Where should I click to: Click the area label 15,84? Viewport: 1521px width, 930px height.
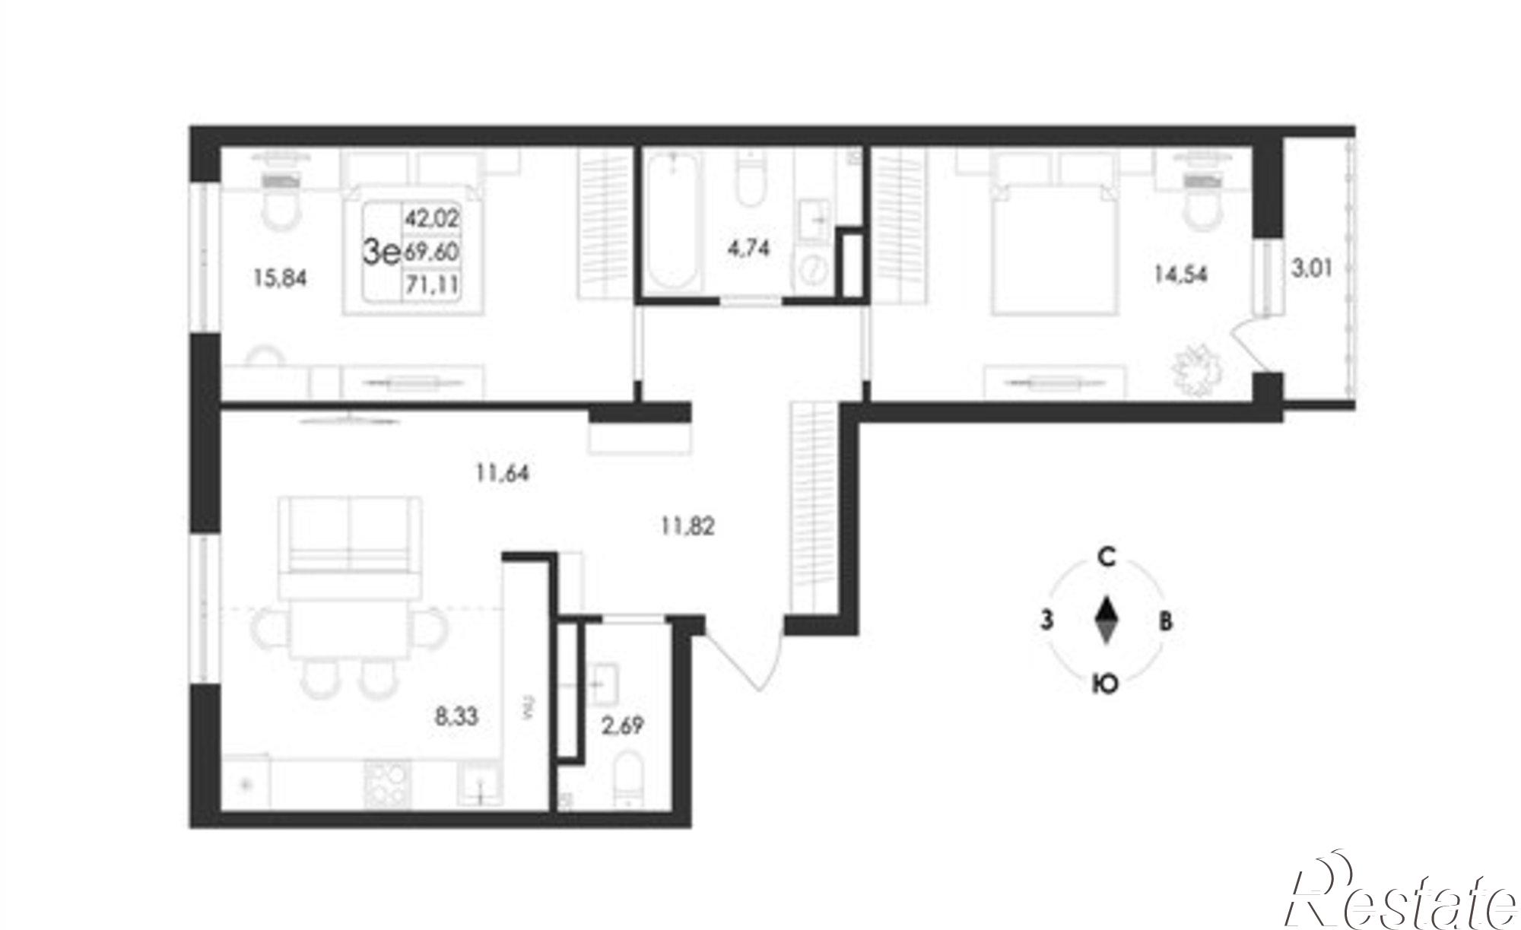280,279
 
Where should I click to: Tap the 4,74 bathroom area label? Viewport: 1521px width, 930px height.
748,249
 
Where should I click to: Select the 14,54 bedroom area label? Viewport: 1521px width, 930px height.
1180,273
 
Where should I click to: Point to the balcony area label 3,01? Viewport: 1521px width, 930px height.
1312,268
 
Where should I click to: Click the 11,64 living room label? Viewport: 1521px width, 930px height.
503,473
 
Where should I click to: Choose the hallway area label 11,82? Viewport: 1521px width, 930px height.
687,525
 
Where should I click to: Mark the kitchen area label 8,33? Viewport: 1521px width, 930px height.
456,716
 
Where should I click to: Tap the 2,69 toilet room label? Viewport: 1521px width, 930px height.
622,726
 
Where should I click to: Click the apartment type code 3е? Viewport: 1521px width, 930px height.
382,252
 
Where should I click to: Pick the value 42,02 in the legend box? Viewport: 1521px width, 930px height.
432,219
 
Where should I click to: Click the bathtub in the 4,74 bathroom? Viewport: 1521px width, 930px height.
674,224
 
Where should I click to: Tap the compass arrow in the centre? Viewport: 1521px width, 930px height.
1107,621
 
